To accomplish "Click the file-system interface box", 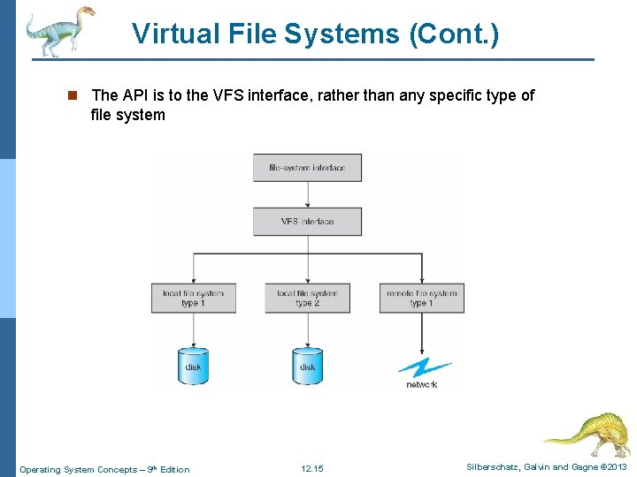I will (307, 168).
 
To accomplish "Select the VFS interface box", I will (307, 222).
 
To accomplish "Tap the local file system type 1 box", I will (193, 298).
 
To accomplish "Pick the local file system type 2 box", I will (307, 298).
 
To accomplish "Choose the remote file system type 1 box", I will (421, 298).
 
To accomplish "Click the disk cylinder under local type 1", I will (193, 365).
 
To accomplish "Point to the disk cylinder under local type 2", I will (307, 365).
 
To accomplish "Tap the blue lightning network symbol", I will (423, 367).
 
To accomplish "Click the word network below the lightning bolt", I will (422, 385).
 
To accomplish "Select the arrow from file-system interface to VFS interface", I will (307, 195).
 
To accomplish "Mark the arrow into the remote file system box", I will (421, 269).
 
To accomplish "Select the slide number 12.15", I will (311, 469).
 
